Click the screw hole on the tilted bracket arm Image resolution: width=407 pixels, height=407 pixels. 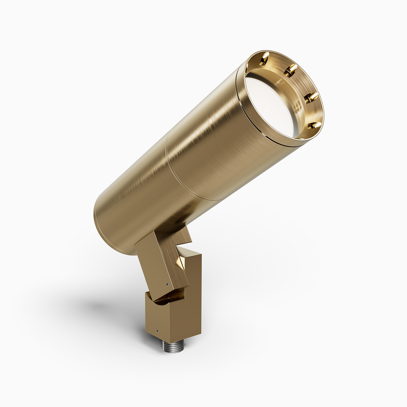pos(166,285)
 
